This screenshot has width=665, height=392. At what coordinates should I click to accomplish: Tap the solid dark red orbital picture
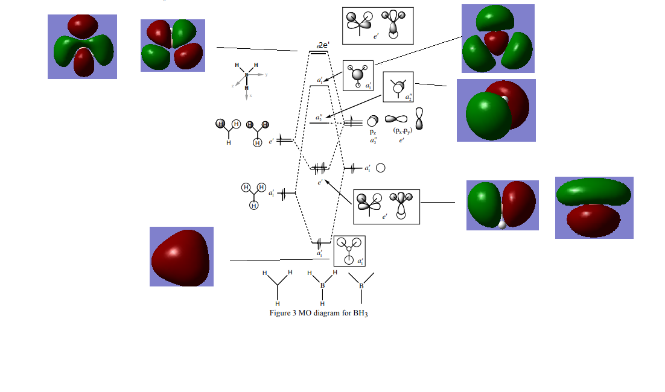click(x=181, y=256)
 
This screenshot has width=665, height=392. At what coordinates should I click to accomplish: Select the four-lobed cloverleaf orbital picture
click(x=173, y=45)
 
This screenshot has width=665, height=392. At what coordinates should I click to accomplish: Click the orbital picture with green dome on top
click(x=498, y=39)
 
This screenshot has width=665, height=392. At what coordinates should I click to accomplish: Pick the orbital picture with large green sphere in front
click(x=495, y=110)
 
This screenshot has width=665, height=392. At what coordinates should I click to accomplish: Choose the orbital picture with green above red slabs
click(x=594, y=207)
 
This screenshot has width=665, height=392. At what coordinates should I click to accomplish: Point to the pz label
click(x=373, y=131)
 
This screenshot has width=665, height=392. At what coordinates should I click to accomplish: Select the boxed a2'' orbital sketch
click(x=398, y=87)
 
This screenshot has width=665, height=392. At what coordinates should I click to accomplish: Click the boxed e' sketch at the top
click(x=378, y=25)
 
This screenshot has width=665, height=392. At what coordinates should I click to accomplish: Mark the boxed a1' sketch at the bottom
click(x=349, y=251)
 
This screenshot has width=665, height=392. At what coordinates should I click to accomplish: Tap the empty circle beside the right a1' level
click(x=381, y=168)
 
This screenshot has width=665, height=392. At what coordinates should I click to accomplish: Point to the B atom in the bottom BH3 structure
click(x=322, y=285)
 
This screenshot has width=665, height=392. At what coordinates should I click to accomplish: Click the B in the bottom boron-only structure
click(x=361, y=285)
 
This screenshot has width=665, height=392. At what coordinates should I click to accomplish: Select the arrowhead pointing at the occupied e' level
click(x=326, y=180)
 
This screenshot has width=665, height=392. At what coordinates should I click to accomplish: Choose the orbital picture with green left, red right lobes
click(x=502, y=205)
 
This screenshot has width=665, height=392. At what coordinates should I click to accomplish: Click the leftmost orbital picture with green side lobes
click(x=82, y=47)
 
